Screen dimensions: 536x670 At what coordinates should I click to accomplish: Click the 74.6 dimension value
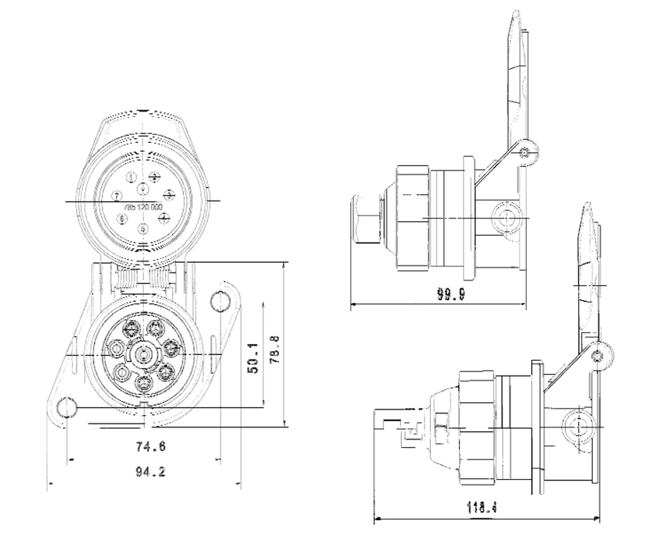pyautogui.click(x=151, y=447)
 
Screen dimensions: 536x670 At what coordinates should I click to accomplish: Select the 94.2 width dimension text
pyautogui.click(x=151, y=472)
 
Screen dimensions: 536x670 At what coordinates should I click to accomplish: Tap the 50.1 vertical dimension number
pyautogui.click(x=253, y=359)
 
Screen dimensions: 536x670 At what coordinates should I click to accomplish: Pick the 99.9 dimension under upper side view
pyautogui.click(x=451, y=295)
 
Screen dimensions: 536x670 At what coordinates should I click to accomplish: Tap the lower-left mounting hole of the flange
pyautogui.click(x=67, y=407)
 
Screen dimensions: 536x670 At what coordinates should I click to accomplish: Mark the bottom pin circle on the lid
pyautogui.click(x=144, y=228)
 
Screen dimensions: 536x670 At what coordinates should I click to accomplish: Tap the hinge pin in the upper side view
pyautogui.click(x=525, y=152)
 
